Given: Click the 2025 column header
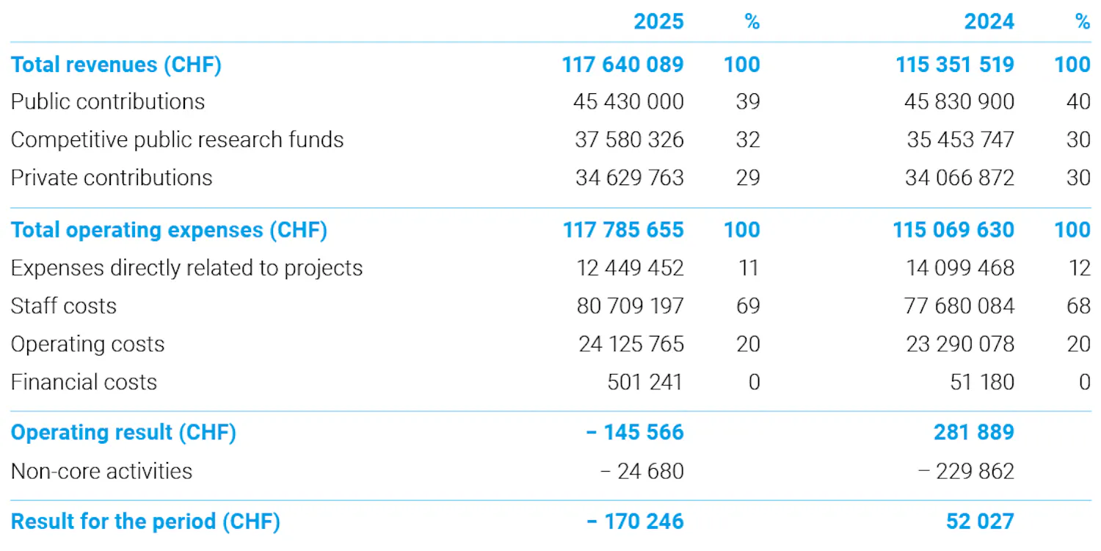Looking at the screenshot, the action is tap(658, 21).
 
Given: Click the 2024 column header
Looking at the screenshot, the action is tap(989, 21).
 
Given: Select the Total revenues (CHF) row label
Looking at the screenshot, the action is tap(116, 65).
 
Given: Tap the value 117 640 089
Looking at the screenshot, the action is tap(622, 65).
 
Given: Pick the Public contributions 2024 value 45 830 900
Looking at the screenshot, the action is tap(959, 102).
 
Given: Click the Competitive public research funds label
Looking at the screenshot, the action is tap(177, 140).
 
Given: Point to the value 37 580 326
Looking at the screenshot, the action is tap(630, 140).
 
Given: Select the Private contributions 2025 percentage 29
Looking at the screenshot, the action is tap(748, 178).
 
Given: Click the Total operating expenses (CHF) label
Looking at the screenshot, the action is tap(169, 230).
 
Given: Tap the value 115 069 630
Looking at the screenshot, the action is tap(953, 230).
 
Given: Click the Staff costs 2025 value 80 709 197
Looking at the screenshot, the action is tap(630, 306).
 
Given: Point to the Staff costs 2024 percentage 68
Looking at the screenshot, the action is tap(1078, 306).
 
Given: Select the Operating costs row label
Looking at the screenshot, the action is tap(87, 345).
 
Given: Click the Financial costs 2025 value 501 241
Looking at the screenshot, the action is tap(645, 382).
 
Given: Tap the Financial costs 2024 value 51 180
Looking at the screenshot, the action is tap(982, 382).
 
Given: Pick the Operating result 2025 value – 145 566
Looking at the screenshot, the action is tap(635, 433).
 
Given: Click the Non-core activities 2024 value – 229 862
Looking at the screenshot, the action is tap(966, 472).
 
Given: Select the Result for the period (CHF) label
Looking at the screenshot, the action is tap(145, 522).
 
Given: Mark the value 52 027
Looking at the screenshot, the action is tap(980, 522).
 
